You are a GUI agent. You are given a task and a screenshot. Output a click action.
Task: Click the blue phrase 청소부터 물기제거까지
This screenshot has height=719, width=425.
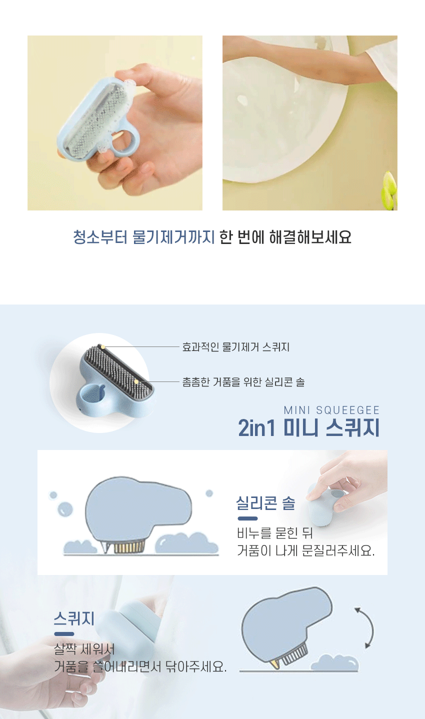click(x=144, y=237)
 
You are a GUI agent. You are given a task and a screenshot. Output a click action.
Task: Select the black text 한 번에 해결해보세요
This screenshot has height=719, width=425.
click(x=285, y=237)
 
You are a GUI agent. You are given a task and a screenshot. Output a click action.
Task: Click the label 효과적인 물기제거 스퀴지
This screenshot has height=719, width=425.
click(x=236, y=347)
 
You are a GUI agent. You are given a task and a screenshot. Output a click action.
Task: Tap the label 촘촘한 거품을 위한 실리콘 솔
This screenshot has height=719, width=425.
click(x=243, y=382)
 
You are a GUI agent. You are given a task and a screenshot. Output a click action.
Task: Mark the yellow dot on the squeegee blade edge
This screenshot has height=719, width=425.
click(x=102, y=346)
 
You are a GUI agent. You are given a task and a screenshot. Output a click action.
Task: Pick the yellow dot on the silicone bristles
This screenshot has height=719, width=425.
click(x=136, y=381)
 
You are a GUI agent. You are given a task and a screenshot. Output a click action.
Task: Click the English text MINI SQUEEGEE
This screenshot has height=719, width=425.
click(x=331, y=410)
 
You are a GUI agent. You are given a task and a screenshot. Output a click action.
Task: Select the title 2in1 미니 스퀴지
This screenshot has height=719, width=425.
click(x=309, y=428)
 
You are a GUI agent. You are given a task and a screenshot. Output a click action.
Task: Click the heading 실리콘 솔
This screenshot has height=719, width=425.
click(x=266, y=503)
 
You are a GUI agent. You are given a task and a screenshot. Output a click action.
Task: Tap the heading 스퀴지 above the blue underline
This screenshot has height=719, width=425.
click(x=74, y=618)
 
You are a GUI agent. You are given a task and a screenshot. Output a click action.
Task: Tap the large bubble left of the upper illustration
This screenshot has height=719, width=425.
click(x=65, y=509)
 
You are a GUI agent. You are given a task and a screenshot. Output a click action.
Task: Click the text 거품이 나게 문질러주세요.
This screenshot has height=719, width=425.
click(x=306, y=551)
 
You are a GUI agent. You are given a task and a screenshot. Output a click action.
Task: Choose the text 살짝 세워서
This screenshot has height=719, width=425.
click(x=84, y=649)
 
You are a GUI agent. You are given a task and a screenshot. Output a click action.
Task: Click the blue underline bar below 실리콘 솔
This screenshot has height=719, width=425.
click(x=247, y=518)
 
